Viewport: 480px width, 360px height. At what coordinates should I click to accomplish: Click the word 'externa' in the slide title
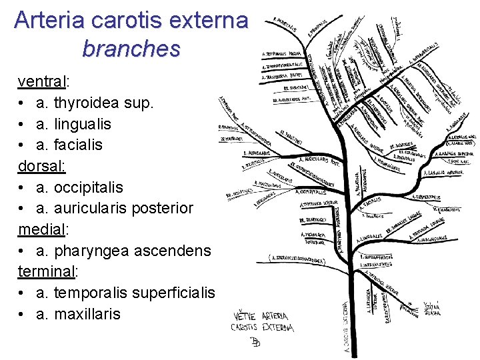pos(206,20)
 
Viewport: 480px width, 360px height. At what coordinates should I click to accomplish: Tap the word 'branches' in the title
pos(131,48)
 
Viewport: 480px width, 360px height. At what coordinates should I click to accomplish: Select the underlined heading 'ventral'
pos(41,82)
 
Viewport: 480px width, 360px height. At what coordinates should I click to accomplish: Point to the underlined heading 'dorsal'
pos(40,166)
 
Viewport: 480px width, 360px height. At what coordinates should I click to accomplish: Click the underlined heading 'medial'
pos(41,229)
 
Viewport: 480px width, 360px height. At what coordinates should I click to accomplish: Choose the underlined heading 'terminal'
pos(47,271)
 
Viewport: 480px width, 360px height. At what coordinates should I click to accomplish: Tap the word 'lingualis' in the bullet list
pos(83,124)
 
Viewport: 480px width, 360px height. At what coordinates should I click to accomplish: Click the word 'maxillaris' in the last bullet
pos(87,313)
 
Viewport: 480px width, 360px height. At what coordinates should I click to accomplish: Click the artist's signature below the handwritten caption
pos(255,343)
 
